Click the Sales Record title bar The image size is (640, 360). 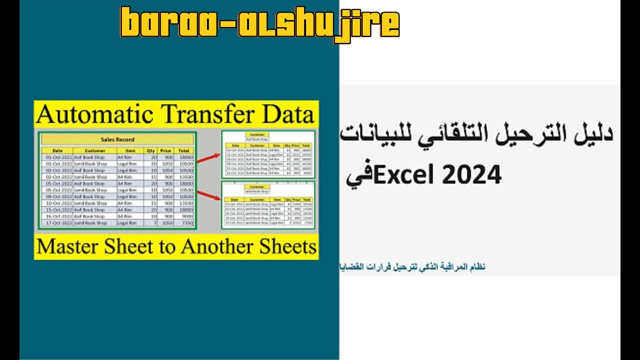pos(117,139)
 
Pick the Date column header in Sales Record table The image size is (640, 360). pos(57,150)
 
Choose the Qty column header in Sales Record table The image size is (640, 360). pos(150,150)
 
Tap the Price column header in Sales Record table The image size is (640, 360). pos(165,150)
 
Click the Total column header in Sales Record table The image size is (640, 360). pos(183,150)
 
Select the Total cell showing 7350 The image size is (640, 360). pos(186,223)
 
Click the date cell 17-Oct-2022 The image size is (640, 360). pos(57,223)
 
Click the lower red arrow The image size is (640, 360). pos(208,195)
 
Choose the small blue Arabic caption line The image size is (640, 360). pos(412,267)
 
